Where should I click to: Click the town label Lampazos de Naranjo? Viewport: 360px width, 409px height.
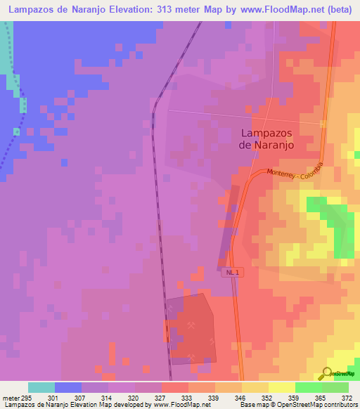(266, 138)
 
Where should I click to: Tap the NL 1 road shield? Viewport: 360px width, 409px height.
(233, 272)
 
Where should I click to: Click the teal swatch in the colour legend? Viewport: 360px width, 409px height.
(41, 387)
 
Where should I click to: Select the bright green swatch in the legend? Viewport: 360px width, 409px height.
(309, 387)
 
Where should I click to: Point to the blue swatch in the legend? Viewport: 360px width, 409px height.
(68, 387)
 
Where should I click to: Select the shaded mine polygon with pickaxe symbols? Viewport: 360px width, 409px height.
(190, 327)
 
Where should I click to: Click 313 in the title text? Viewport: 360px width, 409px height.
(174, 8)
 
